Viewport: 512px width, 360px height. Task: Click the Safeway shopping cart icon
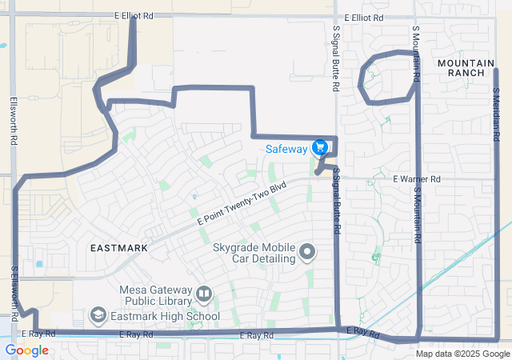click(320, 148)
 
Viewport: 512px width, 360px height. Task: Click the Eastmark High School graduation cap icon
click(98, 316)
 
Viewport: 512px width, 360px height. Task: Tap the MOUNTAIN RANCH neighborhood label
click(461, 67)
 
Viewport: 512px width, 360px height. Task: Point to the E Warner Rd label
click(417, 179)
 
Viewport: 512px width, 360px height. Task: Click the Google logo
click(26, 350)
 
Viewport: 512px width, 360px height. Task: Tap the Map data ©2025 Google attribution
click(462, 354)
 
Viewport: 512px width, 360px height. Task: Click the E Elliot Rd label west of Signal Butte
click(133, 15)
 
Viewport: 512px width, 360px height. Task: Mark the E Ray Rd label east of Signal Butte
click(362, 331)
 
